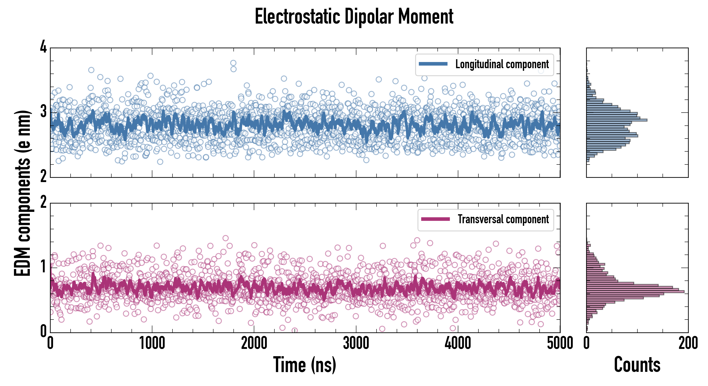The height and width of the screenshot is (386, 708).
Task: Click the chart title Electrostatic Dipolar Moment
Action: pos(354,17)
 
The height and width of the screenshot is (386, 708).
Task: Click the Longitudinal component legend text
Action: pos(502,64)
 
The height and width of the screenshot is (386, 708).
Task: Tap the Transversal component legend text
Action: pos(503,219)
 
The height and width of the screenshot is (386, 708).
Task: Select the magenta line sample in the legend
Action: pos(435,219)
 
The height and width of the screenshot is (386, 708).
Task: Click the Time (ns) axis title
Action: pos(304,365)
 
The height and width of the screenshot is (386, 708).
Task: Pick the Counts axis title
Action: pos(637,365)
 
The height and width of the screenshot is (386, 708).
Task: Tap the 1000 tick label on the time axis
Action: pos(152,343)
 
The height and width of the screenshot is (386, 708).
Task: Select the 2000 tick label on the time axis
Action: pos(254,343)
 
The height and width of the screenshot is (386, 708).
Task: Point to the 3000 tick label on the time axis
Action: pos(356,343)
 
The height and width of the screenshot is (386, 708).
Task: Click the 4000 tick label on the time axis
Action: pos(458,343)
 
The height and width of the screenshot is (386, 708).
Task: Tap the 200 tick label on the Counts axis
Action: pos(688,343)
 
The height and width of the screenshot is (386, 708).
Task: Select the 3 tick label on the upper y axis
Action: pos(43,112)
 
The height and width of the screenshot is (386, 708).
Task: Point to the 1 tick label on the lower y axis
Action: pos(43,267)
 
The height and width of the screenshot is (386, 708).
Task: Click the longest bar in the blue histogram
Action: pos(617,120)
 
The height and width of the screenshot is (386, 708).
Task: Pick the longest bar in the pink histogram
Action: pos(635,291)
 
